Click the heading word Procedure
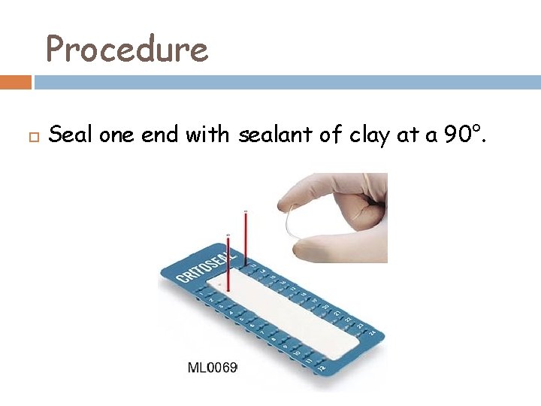(x=126, y=50)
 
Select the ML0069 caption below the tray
(x=212, y=368)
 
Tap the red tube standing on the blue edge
(x=245, y=237)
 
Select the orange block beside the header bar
(x=16, y=82)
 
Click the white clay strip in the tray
(x=286, y=316)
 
